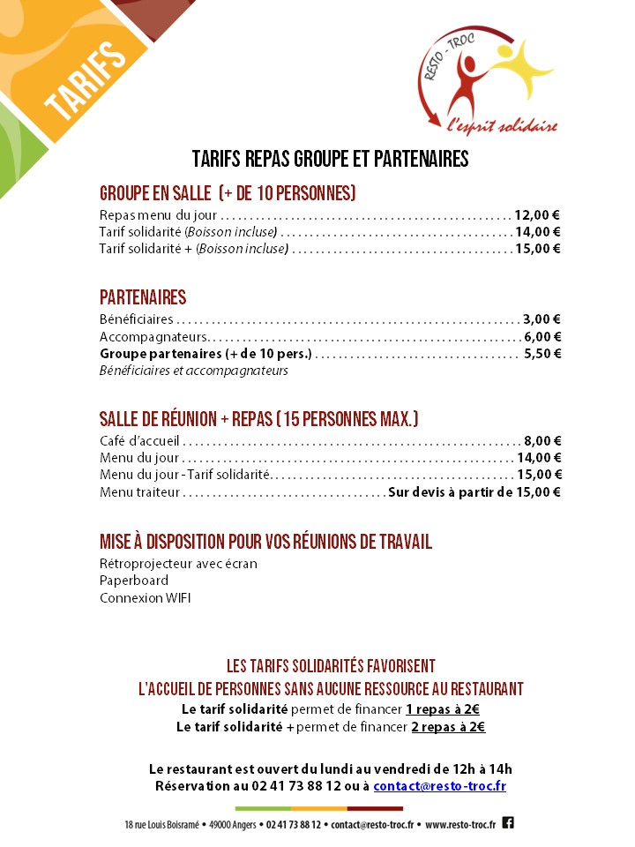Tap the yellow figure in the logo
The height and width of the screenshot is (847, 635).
coord(520,71)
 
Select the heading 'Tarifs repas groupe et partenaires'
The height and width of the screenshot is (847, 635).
coord(330,159)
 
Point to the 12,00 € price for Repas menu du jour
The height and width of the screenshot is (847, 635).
coord(538,214)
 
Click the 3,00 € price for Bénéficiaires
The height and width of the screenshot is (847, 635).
coord(542,319)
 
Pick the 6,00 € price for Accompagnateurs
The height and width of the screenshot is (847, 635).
coord(542,336)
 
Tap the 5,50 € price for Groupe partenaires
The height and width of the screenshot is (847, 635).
coord(542,354)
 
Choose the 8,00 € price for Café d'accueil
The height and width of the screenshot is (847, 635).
coord(542,440)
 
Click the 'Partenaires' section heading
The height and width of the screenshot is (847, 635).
coord(143,298)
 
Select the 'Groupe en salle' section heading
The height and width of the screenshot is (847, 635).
coord(228,193)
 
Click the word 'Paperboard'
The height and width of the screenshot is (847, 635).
coord(134,581)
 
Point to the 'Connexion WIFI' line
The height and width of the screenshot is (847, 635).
coord(145,598)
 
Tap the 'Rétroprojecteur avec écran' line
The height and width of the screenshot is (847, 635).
coord(178,564)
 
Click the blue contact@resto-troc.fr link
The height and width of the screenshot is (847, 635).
coord(439,785)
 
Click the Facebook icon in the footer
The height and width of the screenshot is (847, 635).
coord(508,822)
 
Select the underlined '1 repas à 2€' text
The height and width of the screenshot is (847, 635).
coord(443,709)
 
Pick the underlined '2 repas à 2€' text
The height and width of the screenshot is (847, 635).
coord(448,727)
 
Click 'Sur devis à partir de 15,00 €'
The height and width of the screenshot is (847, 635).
coord(474,491)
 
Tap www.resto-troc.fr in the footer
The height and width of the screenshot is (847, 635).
coord(460,824)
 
